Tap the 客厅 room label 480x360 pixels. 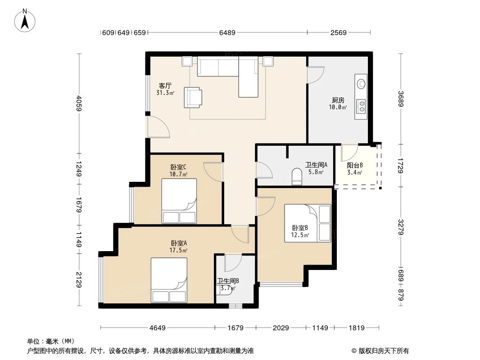pos(165,85)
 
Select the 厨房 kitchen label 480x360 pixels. pos(338,100)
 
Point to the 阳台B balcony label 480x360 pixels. pos(355,165)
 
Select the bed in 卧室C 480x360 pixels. pos(179,201)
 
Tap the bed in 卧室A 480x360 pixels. pos(169,280)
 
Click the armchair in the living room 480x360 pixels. pos(193,97)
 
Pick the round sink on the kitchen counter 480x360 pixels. pos(361,84)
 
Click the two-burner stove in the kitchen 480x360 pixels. pos(361,106)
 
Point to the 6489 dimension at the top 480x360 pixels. pos(227,33)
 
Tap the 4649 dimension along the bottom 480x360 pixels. pos(157,328)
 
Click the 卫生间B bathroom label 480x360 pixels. pos(228,281)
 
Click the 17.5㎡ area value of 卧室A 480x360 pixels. pos(179,251)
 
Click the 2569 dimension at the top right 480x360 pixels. pos(338,33)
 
